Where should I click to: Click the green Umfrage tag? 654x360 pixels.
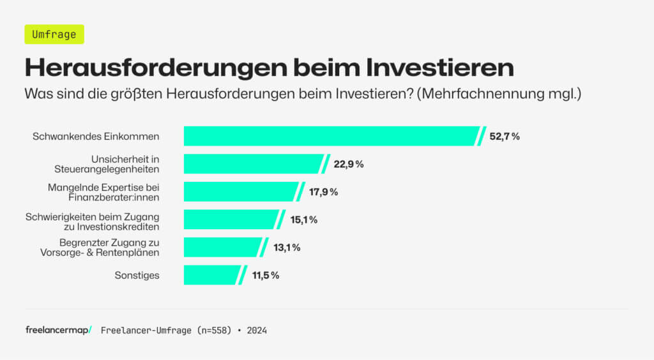point(54,34)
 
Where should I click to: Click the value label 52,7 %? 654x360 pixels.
point(505,137)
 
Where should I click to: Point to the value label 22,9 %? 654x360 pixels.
point(349,164)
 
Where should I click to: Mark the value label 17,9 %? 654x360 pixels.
point(323,192)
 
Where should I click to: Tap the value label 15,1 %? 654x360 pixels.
point(304,220)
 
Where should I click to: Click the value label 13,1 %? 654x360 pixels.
point(287,248)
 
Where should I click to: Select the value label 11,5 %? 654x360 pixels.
point(266,275)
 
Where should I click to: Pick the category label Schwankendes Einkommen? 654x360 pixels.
point(96,137)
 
